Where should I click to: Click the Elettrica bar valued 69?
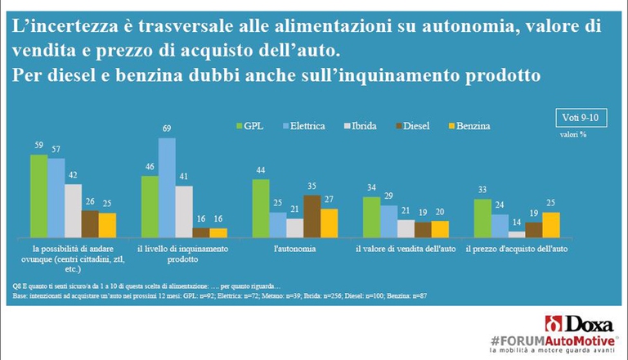tap(167, 187)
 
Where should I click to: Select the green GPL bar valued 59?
tap(38, 196)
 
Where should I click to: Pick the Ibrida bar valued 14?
tap(517, 233)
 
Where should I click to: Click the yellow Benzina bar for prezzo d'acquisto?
tap(552, 224)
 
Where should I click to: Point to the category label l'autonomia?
tap(296, 246)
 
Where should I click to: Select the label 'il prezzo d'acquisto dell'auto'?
tap(517, 246)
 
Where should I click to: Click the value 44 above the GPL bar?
tap(261, 171)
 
